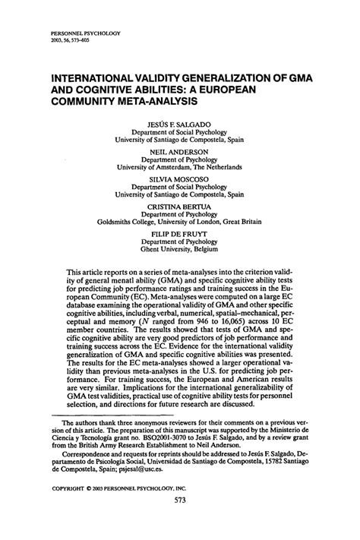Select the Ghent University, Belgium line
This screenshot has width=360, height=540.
tap(179, 260)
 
